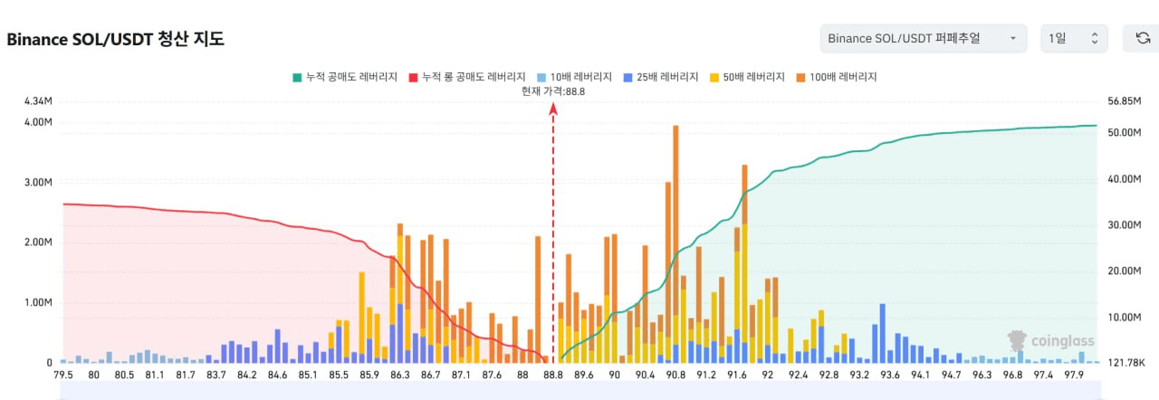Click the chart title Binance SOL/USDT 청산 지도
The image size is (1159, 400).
(x=115, y=40)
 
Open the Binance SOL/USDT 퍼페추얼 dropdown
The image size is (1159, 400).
(x=923, y=38)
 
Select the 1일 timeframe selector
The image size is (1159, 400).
(x=1073, y=38)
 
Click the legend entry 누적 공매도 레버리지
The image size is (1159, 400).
(x=345, y=78)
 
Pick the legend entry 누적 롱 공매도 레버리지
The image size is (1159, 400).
(x=468, y=78)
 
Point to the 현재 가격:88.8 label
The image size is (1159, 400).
(x=553, y=90)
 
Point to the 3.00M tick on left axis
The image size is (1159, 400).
(x=36, y=183)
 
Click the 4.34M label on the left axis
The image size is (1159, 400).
(x=36, y=101)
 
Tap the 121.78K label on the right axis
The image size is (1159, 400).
(x=1127, y=363)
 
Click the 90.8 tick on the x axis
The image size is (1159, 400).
(x=675, y=376)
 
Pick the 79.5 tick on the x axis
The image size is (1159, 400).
(x=63, y=376)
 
